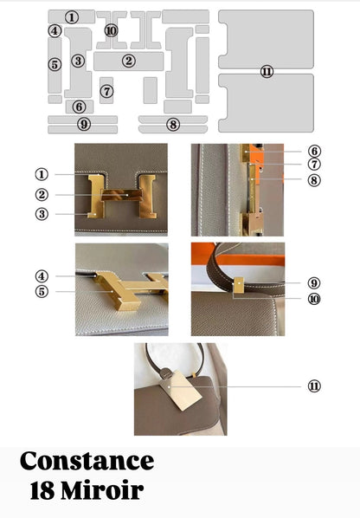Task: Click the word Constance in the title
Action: tap(87, 461)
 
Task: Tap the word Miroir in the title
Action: tap(102, 490)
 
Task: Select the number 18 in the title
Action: tap(42, 490)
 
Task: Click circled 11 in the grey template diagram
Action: tap(267, 71)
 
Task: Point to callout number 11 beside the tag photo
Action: tap(314, 385)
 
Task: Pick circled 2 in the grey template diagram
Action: tap(128, 61)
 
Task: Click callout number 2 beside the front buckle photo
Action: tap(42, 195)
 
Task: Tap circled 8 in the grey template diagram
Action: tap(173, 125)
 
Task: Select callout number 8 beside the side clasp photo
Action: tap(314, 180)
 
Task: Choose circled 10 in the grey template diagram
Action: tap(111, 30)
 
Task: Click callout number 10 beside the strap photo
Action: tap(314, 299)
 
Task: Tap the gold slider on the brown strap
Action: tap(238, 285)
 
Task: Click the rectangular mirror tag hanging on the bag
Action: tap(181, 390)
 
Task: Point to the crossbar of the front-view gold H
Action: tap(121, 195)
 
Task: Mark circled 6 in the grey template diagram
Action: tap(80, 107)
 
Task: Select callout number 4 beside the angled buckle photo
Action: tap(42, 276)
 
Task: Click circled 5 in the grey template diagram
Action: tap(55, 64)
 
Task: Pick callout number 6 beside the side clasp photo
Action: tap(314, 152)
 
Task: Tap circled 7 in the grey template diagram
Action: tap(106, 91)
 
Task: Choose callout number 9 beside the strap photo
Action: tap(314, 283)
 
